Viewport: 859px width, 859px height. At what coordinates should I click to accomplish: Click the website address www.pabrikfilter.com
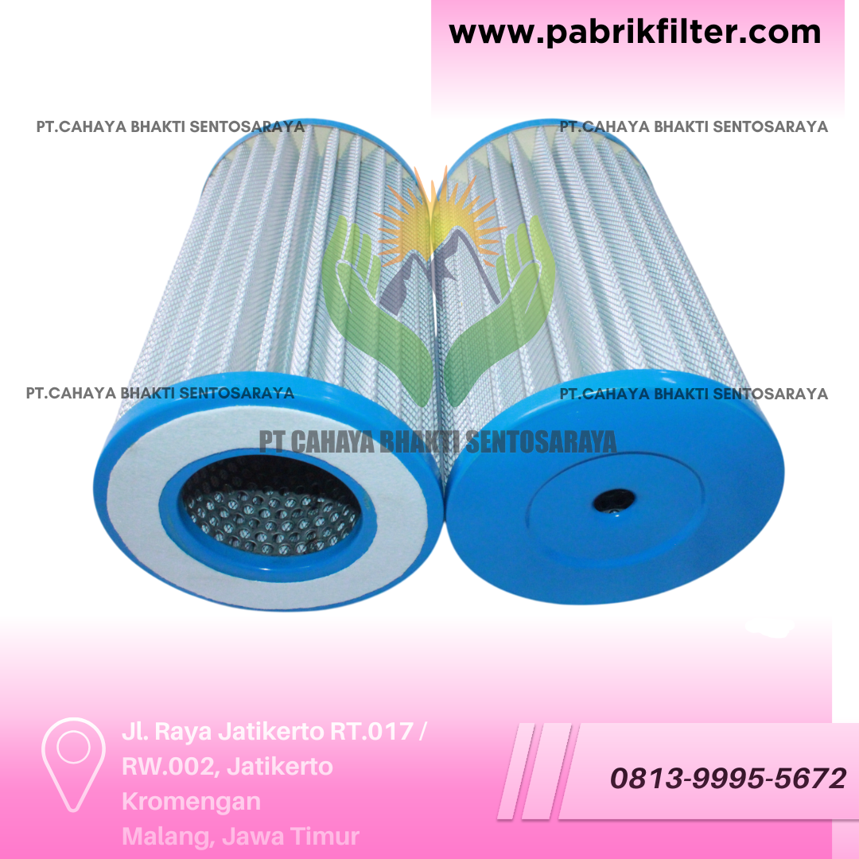pos(635,33)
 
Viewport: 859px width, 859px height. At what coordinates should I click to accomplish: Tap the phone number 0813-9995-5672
pos(728,779)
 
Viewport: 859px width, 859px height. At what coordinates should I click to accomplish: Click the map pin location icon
pos(73,764)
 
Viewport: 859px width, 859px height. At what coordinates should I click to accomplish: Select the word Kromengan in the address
pos(191,802)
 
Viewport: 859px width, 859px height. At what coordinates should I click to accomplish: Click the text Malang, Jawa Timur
pos(240,837)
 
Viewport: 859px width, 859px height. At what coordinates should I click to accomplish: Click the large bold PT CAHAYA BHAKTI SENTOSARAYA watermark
pos(437,442)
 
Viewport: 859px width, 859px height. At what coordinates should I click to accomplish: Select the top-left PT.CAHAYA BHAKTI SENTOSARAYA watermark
pos(170,126)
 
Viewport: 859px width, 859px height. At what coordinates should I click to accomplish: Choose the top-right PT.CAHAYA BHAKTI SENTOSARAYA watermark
pos(694,126)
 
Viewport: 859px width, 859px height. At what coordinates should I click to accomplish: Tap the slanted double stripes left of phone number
pos(534,772)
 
